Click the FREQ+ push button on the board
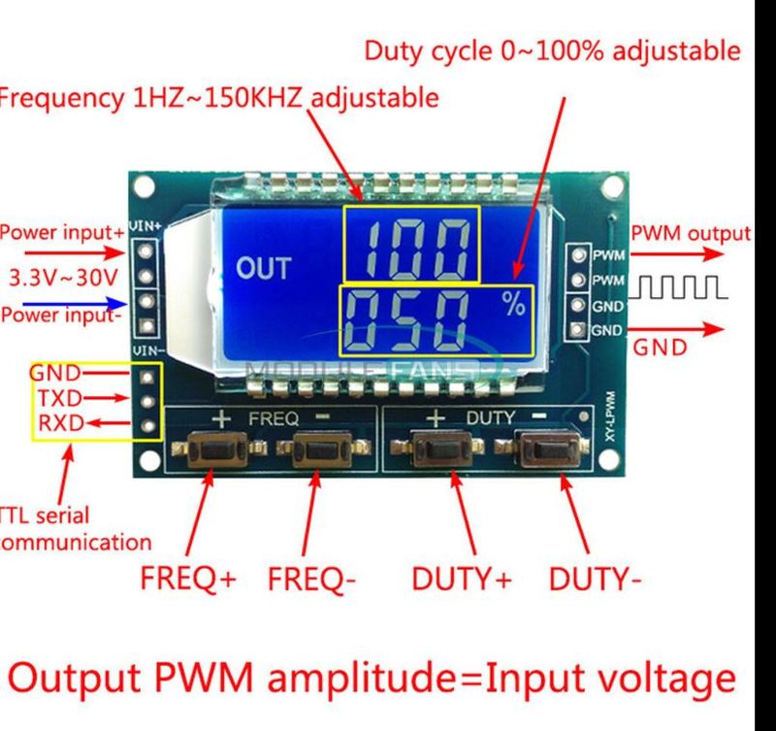coord(215,452)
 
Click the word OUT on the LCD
coord(263,269)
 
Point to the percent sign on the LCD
coord(513,306)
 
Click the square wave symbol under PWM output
coord(678,287)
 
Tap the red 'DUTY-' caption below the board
coord(595,580)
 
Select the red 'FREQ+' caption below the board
coord(188,580)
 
